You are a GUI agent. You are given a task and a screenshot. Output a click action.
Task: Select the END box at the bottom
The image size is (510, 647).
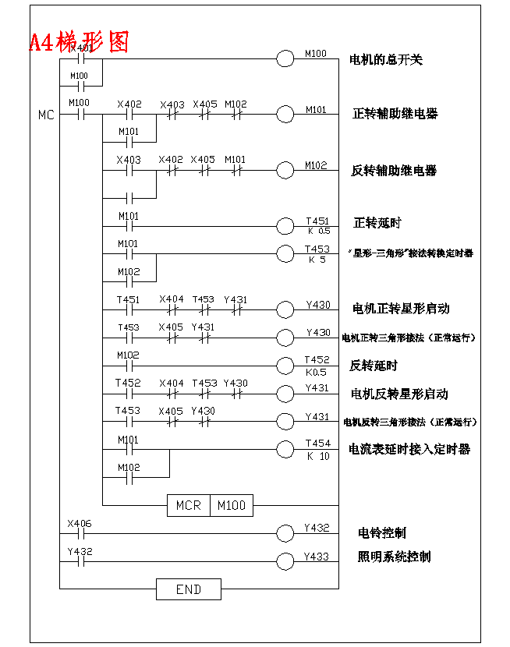coord(188,589)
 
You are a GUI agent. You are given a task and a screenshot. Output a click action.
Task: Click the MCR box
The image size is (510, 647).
coord(188,505)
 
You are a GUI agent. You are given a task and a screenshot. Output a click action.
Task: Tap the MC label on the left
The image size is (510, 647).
coord(46,115)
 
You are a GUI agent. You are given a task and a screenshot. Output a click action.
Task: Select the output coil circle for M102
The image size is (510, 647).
coord(286,171)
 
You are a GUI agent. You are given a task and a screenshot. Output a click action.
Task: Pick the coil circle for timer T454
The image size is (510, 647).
coord(286,449)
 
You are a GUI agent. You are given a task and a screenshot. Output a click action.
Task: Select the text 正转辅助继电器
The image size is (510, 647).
coord(395,114)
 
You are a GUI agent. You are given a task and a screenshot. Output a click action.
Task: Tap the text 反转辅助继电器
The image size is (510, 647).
coord(394,171)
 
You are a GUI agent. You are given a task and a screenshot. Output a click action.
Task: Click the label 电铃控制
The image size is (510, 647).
coord(382,533)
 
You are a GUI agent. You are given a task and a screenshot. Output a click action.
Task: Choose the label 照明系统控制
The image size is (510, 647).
coord(394,557)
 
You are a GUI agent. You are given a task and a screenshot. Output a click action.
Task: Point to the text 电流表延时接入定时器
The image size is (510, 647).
coord(409,449)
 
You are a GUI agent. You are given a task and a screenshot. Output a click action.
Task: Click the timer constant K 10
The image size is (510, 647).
coord(318,456)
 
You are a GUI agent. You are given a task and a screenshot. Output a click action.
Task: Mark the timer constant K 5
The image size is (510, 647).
coord(317,260)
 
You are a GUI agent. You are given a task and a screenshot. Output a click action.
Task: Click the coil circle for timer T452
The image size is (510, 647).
coord(286,365)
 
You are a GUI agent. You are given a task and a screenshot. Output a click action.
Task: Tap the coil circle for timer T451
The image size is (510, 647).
coord(286,226)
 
